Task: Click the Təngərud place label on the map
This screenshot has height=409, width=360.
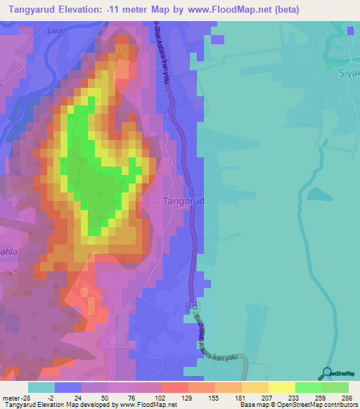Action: (183, 201)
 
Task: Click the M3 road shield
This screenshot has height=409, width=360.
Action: (193, 307)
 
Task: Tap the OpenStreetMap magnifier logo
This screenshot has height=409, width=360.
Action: (328, 372)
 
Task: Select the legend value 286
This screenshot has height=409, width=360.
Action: (349, 398)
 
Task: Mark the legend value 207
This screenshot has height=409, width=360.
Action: (267, 398)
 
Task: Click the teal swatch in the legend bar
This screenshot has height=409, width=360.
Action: (41, 387)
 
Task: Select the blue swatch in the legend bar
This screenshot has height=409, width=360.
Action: (68, 387)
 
